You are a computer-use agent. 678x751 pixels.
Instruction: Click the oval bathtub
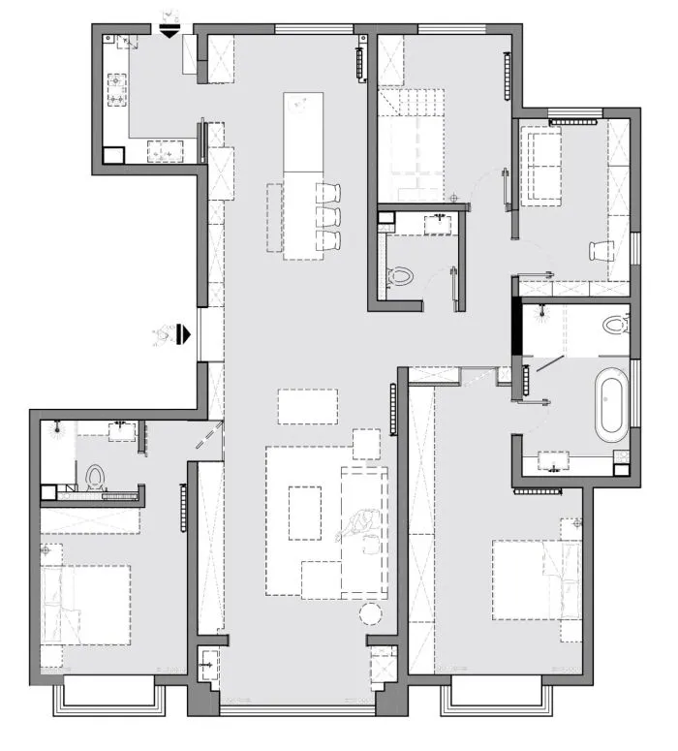(x=611, y=405)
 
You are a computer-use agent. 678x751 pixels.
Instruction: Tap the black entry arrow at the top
(x=169, y=31)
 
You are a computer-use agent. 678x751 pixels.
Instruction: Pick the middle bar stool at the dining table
(x=329, y=214)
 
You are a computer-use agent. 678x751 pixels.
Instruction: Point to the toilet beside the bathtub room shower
(x=613, y=324)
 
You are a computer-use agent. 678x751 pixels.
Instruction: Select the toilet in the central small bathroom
(x=399, y=277)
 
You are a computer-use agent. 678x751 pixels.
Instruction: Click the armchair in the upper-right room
(x=601, y=250)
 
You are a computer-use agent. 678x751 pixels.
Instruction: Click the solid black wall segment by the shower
(x=516, y=329)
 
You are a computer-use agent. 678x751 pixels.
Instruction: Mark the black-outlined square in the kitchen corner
(x=113, y=154)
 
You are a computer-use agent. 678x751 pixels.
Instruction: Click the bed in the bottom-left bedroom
(x=85, y=603)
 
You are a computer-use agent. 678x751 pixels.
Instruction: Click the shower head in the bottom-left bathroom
(x=59, y=427)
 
